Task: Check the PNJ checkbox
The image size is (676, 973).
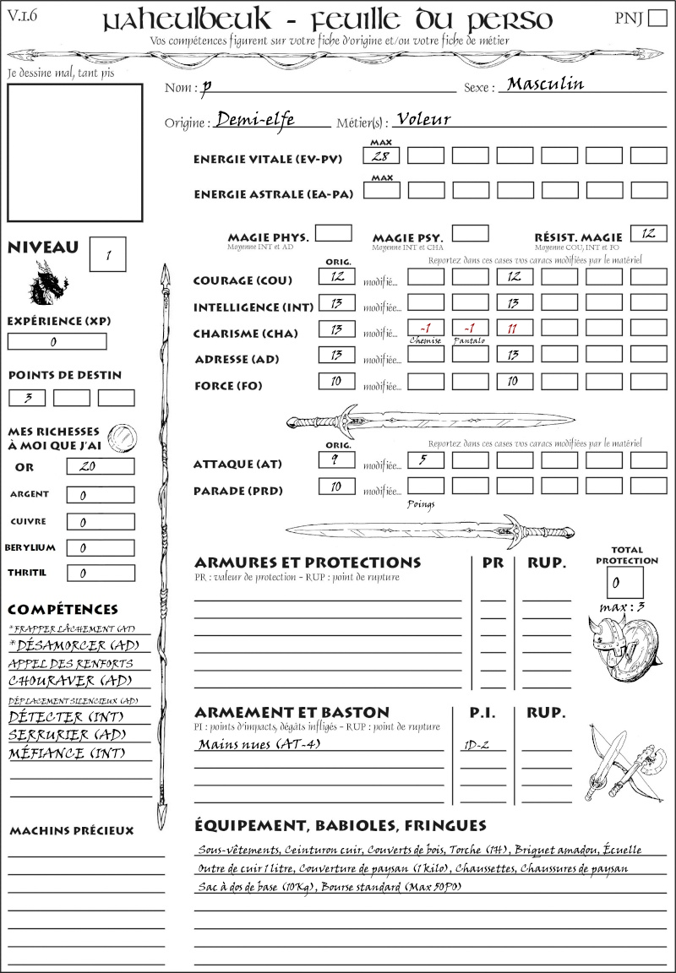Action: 657,19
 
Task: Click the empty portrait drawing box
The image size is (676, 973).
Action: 74,153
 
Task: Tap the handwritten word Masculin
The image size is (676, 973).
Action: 546,84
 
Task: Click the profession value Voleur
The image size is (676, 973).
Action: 423,120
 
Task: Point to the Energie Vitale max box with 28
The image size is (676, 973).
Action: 382,155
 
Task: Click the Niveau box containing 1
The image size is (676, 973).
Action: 108,254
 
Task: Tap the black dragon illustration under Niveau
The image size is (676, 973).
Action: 47,283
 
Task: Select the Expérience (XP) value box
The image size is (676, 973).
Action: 57,341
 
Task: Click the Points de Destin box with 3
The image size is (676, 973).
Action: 27,397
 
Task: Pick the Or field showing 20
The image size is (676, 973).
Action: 99,466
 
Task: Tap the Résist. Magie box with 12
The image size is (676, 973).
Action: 648,233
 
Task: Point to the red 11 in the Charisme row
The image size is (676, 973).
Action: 514,329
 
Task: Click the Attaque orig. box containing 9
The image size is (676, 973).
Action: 336,460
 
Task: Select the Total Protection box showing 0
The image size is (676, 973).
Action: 625,582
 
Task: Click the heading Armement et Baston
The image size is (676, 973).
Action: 292,712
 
